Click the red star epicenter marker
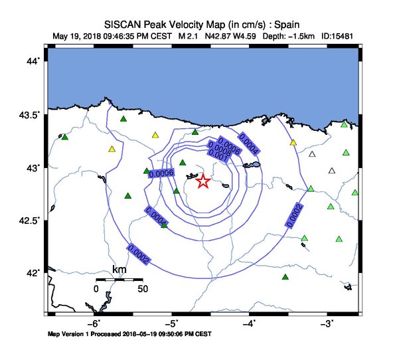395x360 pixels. (x=203, y=181)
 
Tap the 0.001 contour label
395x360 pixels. (x=218, y=155)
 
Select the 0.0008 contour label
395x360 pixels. (x=220, y=149)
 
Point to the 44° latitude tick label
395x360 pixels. (x=33, y=61)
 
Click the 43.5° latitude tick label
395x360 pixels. (x=29, y=115)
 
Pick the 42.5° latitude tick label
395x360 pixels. (x=29, y=221)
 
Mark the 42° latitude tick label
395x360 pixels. (x=33, y=273)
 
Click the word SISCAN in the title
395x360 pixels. (x=123, y=25)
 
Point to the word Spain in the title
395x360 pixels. (x=286, y=25)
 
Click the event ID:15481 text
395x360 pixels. (x=337, y=36)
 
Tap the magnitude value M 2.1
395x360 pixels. (x=188, y=36)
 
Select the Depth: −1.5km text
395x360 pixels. (x=288, y=36)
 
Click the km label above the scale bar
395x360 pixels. (x=119, y=270)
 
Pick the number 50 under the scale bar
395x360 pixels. (x=143, y=289)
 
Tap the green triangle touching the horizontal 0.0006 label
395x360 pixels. (x=147, y=171)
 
